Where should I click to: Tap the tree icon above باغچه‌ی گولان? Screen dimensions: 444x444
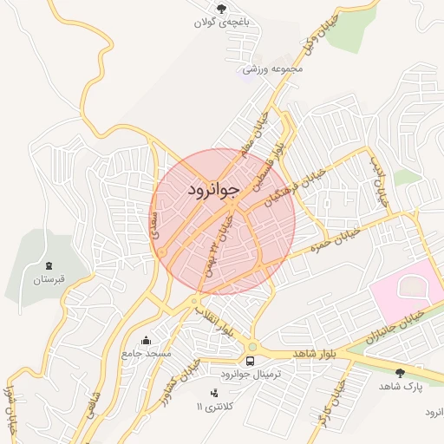coord(221,9)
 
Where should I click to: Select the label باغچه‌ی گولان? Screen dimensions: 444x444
coord(221,23)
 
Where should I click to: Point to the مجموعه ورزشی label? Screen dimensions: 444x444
coord(276,68)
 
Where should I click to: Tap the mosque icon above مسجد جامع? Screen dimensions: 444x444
coord(146,339)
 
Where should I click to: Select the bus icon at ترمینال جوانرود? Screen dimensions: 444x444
coord(251,361)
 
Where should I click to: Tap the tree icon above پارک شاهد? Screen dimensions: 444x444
coord(400,373)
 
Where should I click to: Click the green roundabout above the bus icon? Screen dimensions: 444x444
coord(252,346)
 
